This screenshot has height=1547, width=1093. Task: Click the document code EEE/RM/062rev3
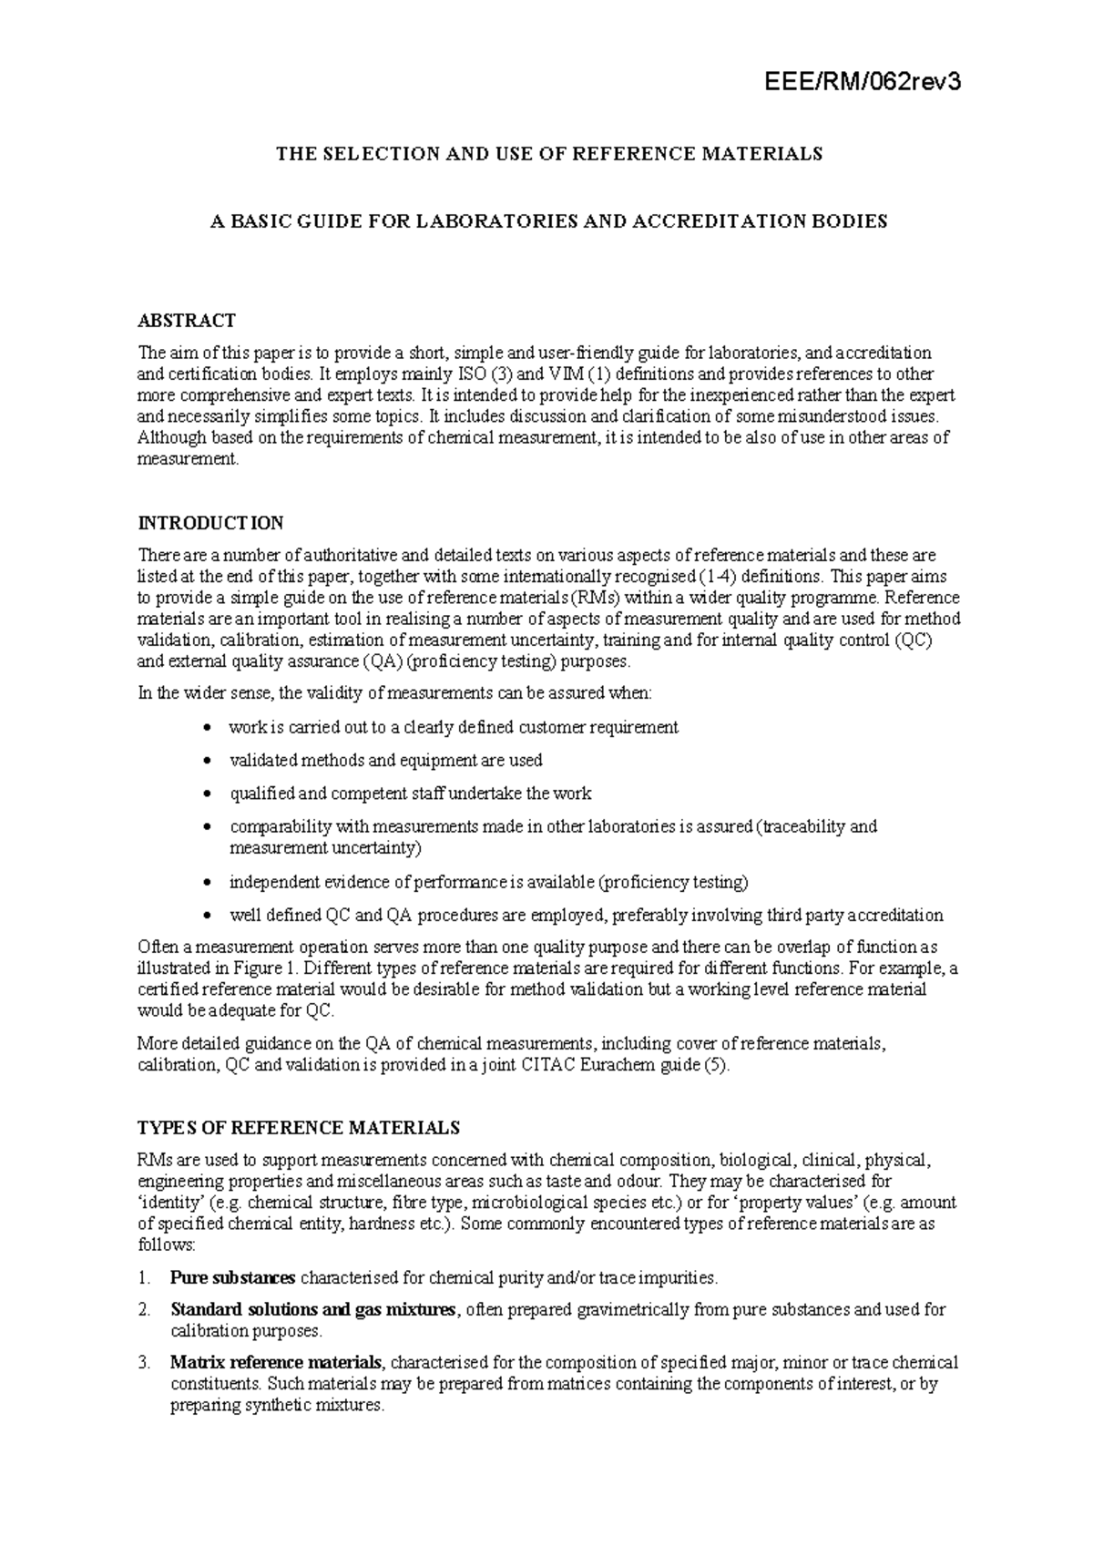862,83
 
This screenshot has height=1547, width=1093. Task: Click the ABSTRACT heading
186,320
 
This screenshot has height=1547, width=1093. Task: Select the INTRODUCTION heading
210,523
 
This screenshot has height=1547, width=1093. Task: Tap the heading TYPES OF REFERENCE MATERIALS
298,1128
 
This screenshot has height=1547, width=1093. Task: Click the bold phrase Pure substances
232,1277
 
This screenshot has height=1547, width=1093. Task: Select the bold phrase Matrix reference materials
277,1363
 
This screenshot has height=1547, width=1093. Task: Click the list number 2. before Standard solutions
144,1310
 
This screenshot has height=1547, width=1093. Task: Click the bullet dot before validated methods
209,761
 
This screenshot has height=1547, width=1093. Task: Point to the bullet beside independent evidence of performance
209,883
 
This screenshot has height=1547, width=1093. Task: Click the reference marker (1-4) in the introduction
718,577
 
